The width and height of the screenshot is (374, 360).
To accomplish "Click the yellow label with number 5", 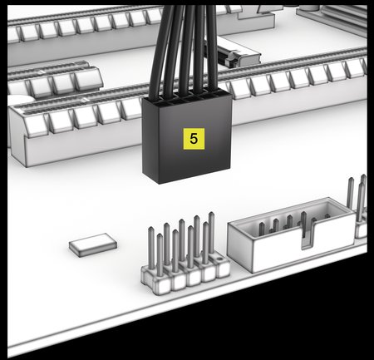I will tap(194, 139).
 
